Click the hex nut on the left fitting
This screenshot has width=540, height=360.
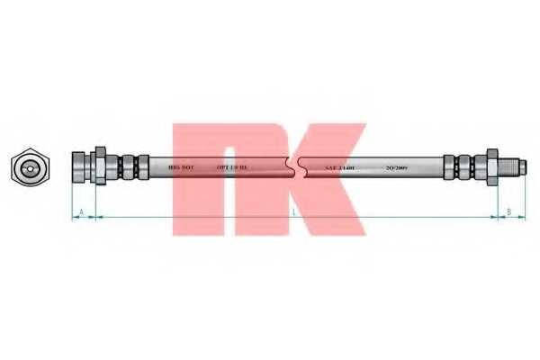(100, 166)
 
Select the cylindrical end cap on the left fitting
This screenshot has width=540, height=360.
(81, 166)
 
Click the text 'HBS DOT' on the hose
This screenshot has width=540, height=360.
(182, 167)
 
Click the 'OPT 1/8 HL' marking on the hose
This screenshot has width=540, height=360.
(233, 167)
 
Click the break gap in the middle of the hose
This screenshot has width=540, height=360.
(294, 166)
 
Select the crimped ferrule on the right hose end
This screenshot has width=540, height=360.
(463, 166)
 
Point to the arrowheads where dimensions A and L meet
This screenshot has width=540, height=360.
(94, 217)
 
